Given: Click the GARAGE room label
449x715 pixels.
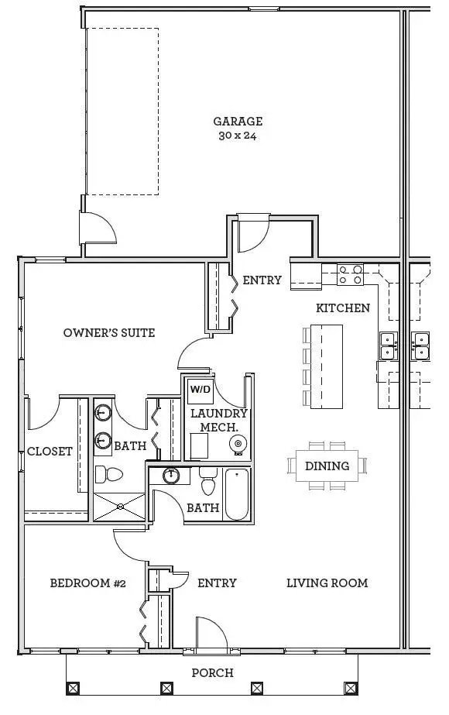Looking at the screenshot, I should pos(238,121).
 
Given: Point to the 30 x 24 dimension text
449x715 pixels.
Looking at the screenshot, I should pos(238,136).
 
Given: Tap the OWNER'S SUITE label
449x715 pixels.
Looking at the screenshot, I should pos(109,332).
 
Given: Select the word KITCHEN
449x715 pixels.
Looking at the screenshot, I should pos(343,308).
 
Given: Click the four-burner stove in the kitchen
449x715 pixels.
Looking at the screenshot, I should pos(351,274).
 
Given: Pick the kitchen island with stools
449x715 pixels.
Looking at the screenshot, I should pos(326,366).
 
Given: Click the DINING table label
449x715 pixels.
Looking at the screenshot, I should pos(327,466).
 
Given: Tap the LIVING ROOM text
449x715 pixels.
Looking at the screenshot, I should pos(327,583).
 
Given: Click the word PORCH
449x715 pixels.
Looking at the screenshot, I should pos(212,672).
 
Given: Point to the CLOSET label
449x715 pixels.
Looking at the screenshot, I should pos(50,451).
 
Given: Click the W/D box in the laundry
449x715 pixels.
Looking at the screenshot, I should pos(200,389).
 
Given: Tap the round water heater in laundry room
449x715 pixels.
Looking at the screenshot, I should pos(238,444).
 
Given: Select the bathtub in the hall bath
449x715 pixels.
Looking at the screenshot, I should pos(237,494).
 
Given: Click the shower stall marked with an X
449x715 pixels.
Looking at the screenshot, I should pos(119,507).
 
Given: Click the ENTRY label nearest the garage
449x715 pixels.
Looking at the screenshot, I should pos(262,280).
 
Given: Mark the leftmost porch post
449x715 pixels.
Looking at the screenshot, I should pos(73,687).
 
